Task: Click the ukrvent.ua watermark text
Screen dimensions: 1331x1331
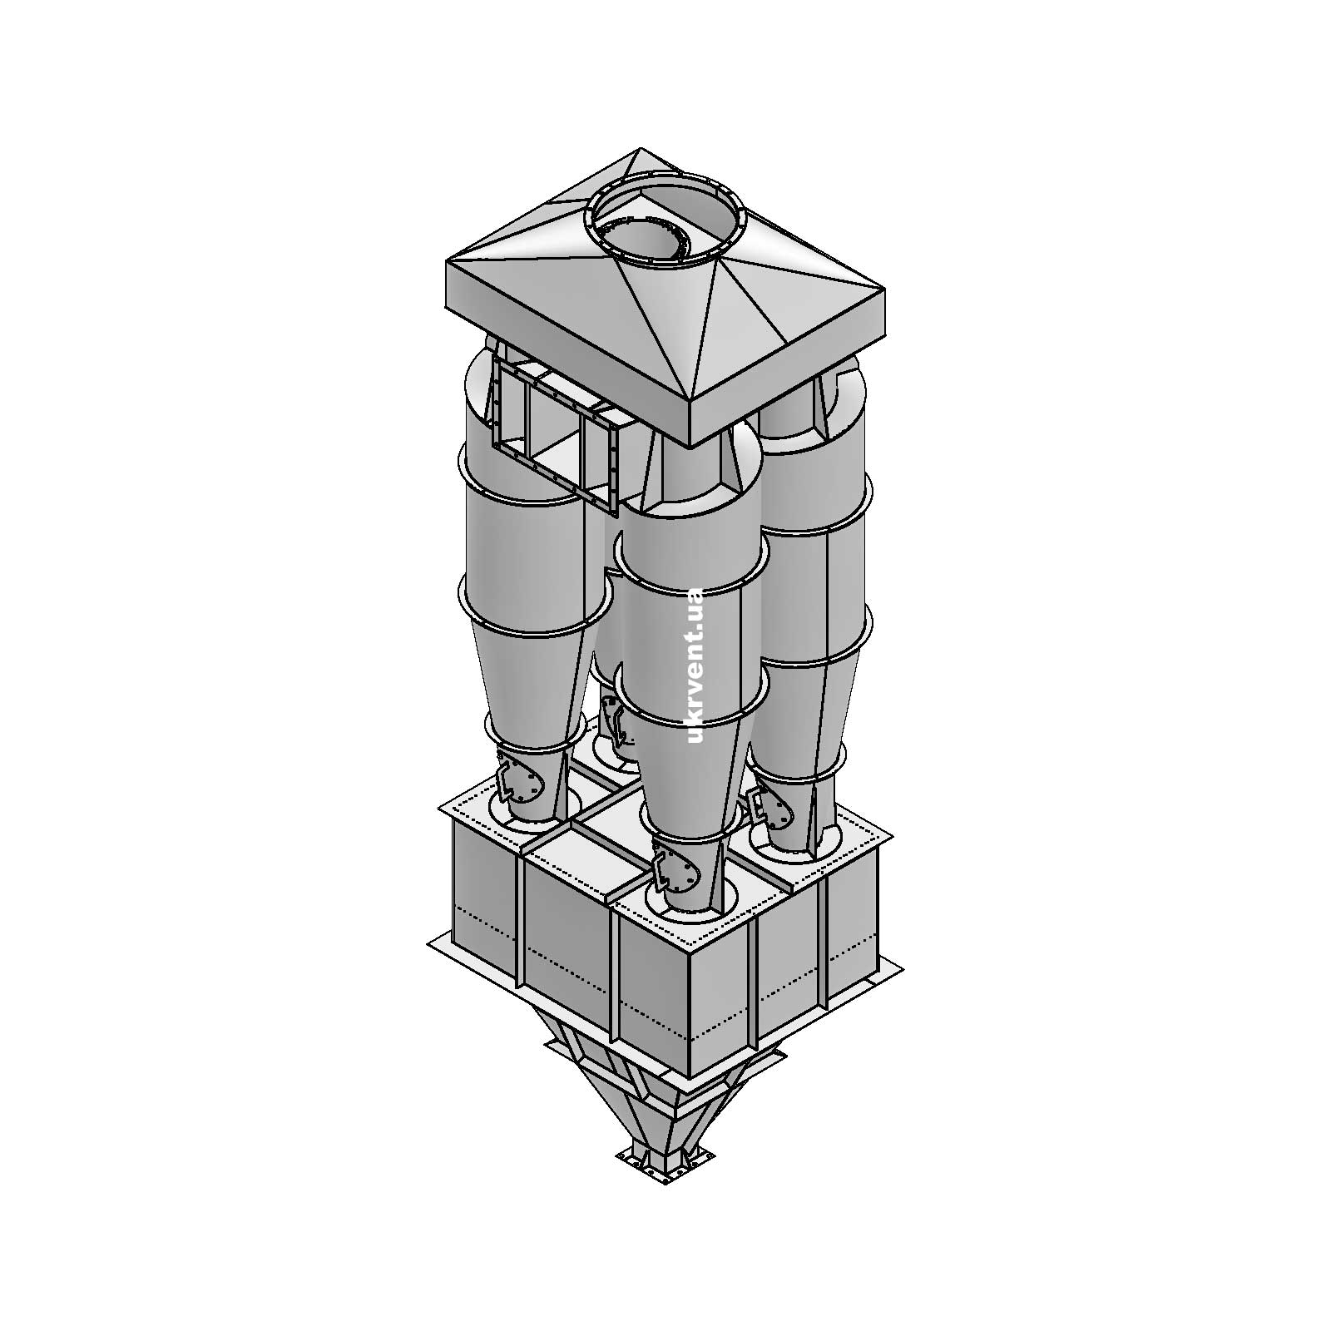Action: pos(695,665)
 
